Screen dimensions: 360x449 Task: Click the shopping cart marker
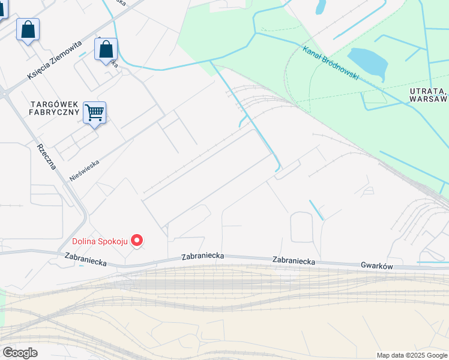pyautogui.click(x=94, y=112)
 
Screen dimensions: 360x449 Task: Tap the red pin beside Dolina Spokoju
pyautogui.click(x=137, y=241)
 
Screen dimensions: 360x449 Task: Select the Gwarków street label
pyautogui.click(x=376, y=264)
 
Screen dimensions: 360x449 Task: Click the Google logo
pyautogui.click(x=20, y=352)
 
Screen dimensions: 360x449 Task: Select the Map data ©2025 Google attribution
pyautogui.click(x=412, y=355)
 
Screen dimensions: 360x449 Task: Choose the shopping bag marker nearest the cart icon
pyautogui.click(x=106, y=49)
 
